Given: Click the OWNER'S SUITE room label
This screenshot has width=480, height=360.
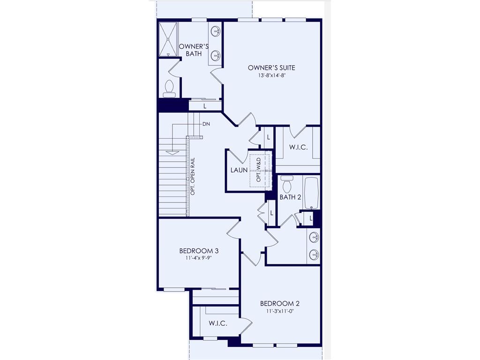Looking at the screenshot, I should (271, 67).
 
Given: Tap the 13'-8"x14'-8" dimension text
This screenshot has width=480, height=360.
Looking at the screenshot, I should (271, 75).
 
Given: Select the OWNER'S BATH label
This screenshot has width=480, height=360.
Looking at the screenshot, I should (194, 50).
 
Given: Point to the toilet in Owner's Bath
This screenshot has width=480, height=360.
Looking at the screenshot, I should (169, 89).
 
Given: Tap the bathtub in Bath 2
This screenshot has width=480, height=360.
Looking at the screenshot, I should (311, 193).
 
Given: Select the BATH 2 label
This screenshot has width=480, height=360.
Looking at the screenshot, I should (290, 197).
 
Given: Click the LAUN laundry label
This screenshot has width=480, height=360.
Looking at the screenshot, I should (239, 170).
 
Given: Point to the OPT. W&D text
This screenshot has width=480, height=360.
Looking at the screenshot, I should (258, 170).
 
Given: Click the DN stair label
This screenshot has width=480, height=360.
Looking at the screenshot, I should (206, 124).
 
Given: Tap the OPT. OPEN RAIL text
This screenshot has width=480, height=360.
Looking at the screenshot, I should (193, 175).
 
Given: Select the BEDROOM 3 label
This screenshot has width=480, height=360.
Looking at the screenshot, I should (199, 251).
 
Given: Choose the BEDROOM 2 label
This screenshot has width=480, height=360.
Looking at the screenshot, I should (279, 303).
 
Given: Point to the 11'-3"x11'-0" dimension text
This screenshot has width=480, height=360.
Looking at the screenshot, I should (279, 311).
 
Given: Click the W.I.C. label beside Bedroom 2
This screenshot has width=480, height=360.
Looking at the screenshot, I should (218, 323).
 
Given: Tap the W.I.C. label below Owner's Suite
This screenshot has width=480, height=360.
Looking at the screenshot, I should (298, 147).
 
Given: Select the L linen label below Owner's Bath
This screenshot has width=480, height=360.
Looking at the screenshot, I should (205, 106).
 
